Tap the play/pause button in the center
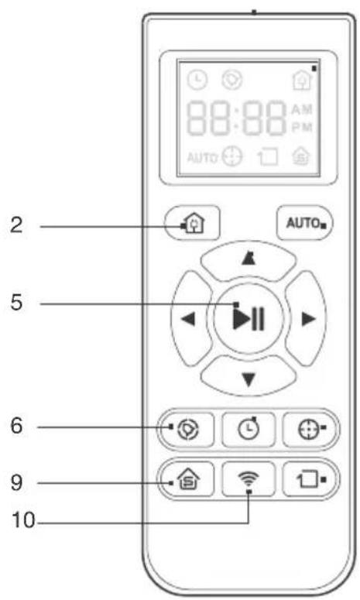[249, 317]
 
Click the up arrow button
[249, 261]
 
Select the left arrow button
[191, 318]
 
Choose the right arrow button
[306, 318]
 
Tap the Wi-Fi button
[249, 478]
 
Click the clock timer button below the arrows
[249, 430]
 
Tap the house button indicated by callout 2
[192, 223]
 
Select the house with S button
[187, 478]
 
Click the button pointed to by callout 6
[187, 430]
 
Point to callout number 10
[23, 520]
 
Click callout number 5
[16, 302]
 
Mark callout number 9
[16, 482]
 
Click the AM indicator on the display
[302, 110]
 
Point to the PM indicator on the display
[302, 128]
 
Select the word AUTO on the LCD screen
[202, 158]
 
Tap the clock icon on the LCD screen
[197, 81]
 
